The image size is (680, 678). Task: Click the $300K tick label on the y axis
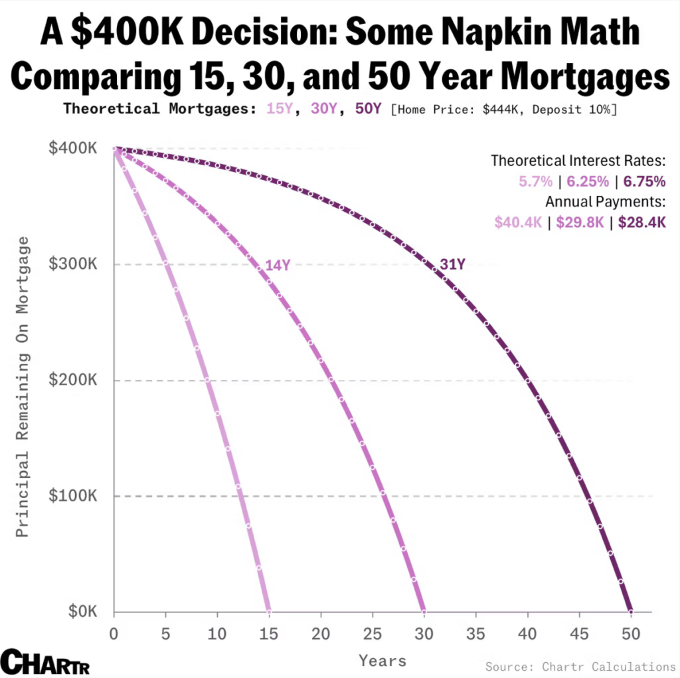tap(72, 264)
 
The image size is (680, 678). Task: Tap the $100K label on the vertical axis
tap(72, 496)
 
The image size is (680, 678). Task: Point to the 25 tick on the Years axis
tap(373, 634)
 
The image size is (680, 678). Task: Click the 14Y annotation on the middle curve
tap(278, 266)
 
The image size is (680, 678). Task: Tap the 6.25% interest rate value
tap(588, 181)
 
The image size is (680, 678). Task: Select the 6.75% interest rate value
tap(644, 181)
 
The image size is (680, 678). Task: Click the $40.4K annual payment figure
tap(519, 222)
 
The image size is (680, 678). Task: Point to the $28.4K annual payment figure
tap(641, 222)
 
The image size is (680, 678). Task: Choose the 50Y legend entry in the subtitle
tap(369, 108)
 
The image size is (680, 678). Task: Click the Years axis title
tap(382, 661)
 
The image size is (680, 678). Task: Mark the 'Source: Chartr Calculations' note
tap(580, 666)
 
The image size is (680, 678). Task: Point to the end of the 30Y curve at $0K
tap(424, 611)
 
